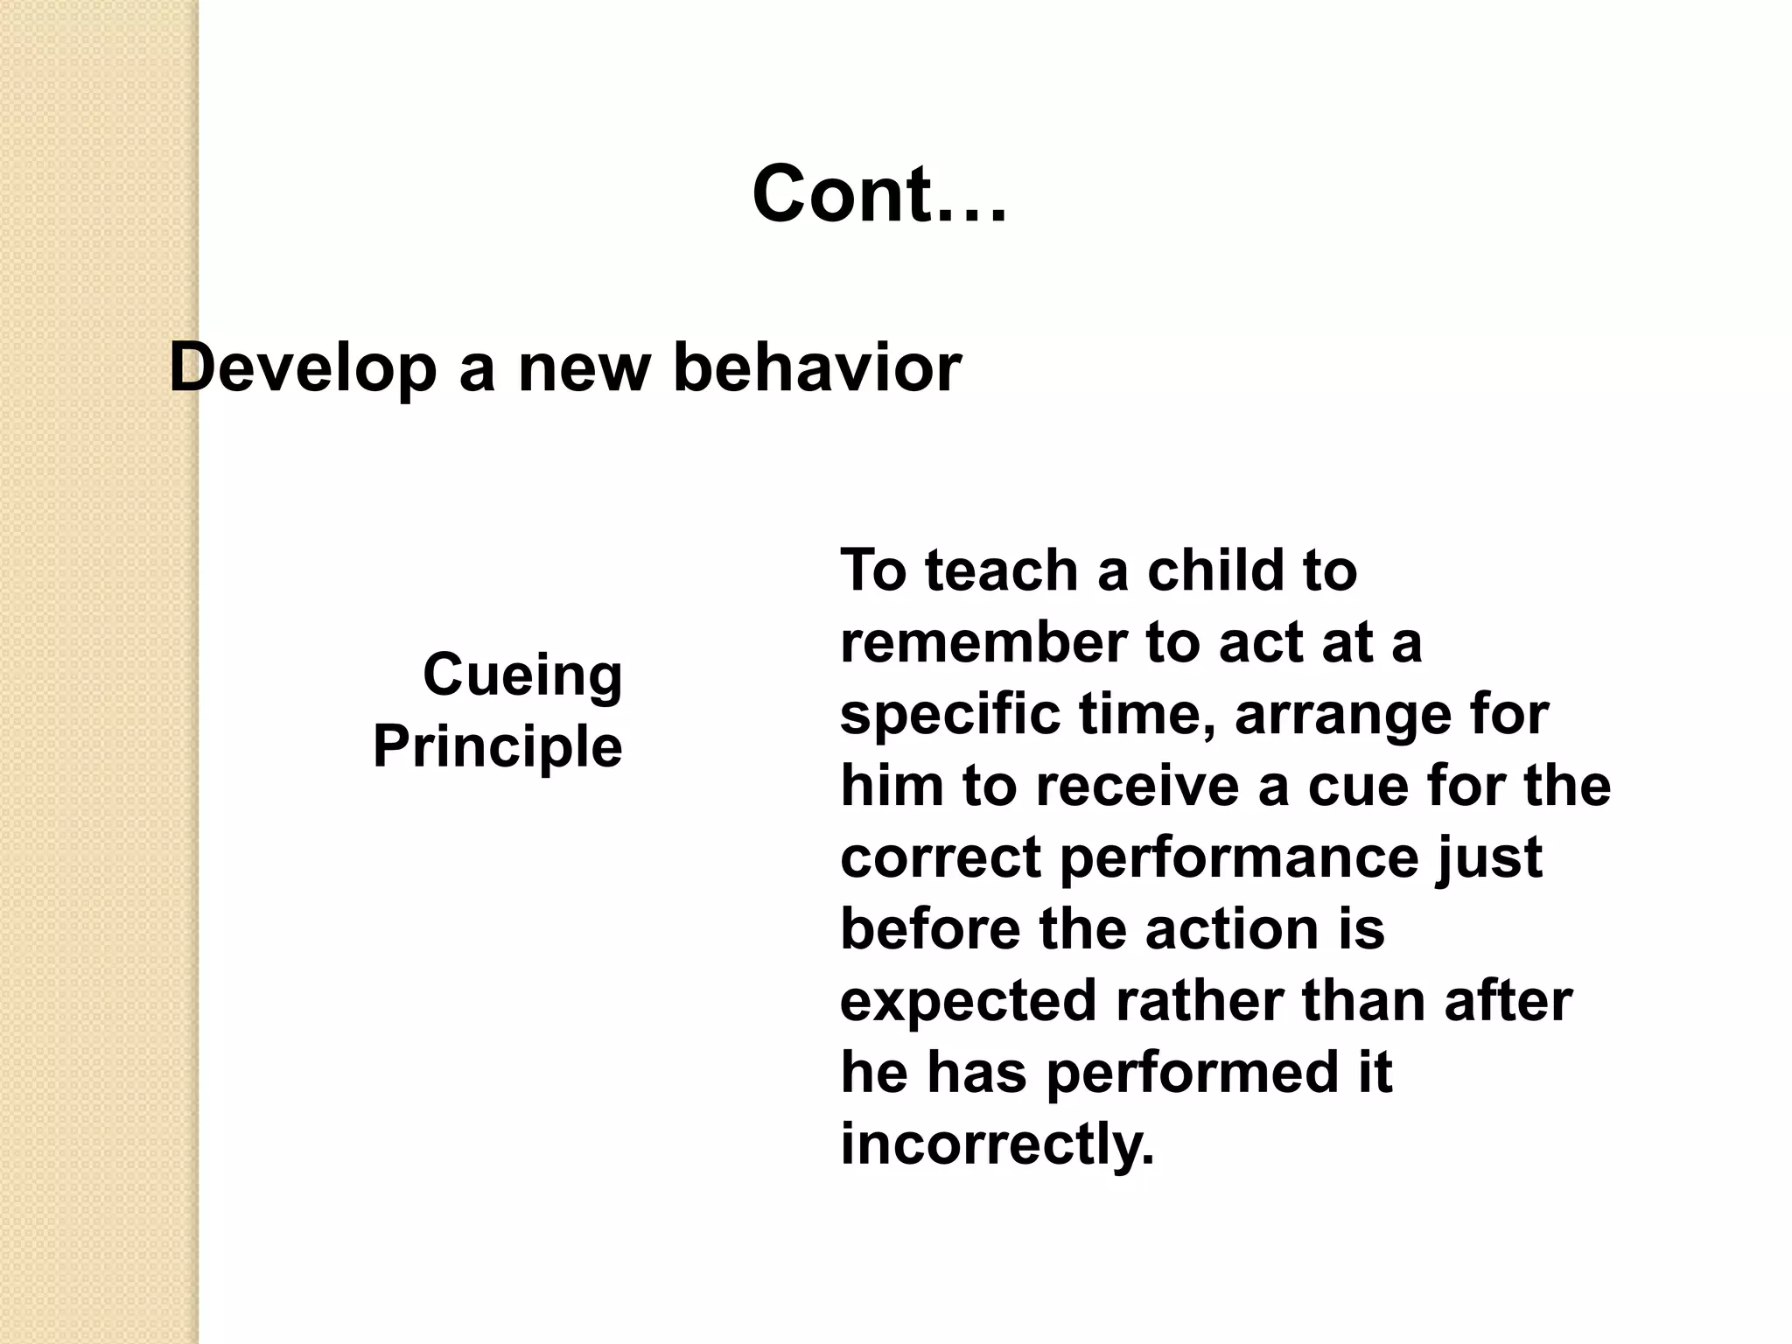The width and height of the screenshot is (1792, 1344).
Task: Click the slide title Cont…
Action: (878, 194)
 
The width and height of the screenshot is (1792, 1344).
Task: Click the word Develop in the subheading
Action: (303, 368)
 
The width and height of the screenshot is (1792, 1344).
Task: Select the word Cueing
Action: (522, 675)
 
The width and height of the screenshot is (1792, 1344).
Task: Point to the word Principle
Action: (497, 746)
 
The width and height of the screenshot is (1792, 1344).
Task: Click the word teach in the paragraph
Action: (1001, 570)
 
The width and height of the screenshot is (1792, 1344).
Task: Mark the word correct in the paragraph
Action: (940, 857)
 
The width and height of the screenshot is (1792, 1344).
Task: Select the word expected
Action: (968, 1002)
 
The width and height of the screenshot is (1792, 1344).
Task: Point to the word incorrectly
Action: (997, 1144)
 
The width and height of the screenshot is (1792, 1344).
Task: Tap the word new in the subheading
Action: (584, 368)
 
